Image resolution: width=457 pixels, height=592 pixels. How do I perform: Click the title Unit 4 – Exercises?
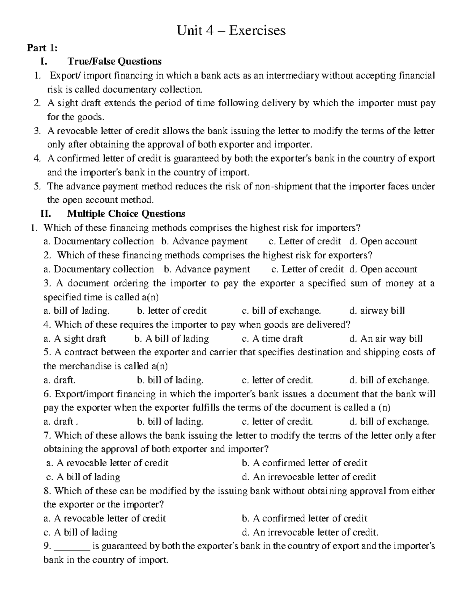[231, 30]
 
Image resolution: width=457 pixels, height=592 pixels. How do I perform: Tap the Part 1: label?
[42, 48]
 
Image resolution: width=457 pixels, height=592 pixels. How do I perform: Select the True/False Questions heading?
[114, 61]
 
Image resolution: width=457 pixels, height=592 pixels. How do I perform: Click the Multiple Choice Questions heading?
[126, 213]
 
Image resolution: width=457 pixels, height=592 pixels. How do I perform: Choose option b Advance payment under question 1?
[204, 241]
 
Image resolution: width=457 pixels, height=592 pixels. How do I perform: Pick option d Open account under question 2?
[383, 269]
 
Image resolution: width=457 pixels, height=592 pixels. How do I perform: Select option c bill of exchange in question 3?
[281, 311]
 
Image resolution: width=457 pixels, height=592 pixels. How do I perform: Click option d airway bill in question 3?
[377, 311]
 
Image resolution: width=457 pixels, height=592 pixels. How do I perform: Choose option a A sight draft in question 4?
[75, 339]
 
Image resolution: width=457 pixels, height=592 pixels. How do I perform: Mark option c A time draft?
[272, 339]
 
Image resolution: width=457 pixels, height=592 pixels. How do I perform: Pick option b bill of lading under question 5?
[170, 380]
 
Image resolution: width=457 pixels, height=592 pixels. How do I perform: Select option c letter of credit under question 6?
[277, 422]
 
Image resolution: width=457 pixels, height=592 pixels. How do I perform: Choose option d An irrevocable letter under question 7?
[309, 477]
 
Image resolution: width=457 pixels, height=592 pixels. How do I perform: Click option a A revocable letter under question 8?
[105, 518]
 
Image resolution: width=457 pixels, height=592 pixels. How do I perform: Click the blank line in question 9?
[72, 546]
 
